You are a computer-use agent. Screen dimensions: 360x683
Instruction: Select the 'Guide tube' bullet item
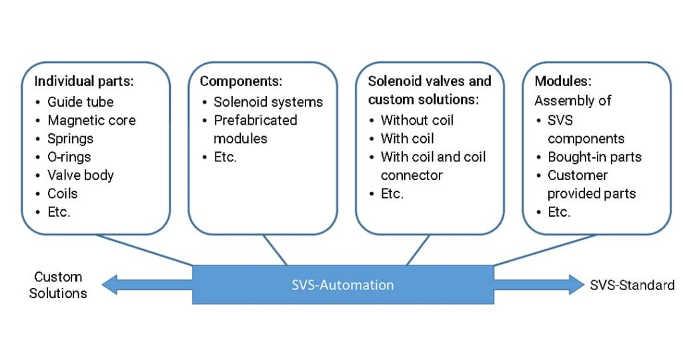pyautogui.click(x=80, y=102)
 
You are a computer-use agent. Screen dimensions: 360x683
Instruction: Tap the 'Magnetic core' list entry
pyautogui.click(x=91, y=121)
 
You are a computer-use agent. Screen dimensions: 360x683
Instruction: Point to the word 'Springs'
pyautogui.click(x=70, y=139)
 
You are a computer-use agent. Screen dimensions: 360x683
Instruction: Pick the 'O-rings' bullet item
pyautogui.click(x=69, y=157)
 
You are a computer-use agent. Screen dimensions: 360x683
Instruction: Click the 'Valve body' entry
pyautogui.click(x=80, y=175)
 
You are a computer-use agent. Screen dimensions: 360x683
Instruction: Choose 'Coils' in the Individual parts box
pyautogui.click(x=62, y=194)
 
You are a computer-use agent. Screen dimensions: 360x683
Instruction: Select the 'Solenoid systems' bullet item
pyautogui.click(x=267, y=102)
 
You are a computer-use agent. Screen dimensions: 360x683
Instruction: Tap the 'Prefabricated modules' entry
pyautogui.click(x=255, y=129)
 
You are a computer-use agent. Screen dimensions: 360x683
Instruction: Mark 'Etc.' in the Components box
pyautogui.click(x=225, y=157)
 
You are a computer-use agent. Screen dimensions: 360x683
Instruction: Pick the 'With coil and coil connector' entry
pyautogui.click(x=432, y=166)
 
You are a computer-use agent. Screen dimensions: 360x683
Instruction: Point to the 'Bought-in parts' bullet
pyautogui.click(x=594, y=157)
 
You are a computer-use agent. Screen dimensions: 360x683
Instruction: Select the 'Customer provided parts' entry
pyautogui.click(x=591, y=185)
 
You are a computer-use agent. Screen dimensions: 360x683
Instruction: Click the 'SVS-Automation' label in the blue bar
pyautogui.click(x=343, y=285)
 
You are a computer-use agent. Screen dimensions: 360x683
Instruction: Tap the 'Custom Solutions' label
pyautogui.click(x=58, y=285)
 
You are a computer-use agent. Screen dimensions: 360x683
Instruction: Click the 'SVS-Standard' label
pyautogui.click(x=632, y=285)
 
